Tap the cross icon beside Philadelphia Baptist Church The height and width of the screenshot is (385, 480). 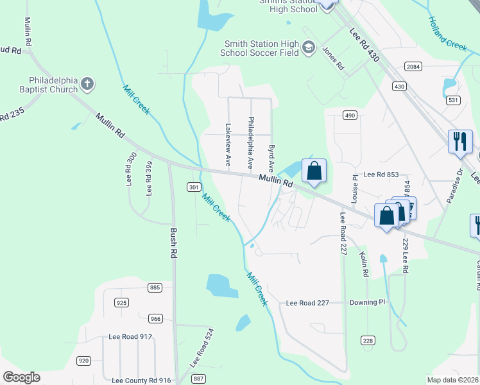[87, 83]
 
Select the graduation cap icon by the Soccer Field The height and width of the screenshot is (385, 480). [309, 47]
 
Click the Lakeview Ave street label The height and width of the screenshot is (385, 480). [227, 146]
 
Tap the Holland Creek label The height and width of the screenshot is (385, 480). [448, 33]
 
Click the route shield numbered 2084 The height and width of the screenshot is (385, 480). [413, 67]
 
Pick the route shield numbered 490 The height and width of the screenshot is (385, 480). [349, 115]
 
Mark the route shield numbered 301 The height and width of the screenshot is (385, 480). [193, 187]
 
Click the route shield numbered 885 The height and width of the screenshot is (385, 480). [154, 287]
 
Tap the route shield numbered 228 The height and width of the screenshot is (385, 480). [368, 340]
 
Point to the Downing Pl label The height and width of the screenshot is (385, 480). [367, 302]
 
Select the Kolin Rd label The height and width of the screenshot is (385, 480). [364, 264]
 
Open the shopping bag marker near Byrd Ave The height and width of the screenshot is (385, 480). [314, 171]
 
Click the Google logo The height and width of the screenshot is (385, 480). [21, 377]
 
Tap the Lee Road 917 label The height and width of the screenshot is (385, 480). [130, 336]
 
